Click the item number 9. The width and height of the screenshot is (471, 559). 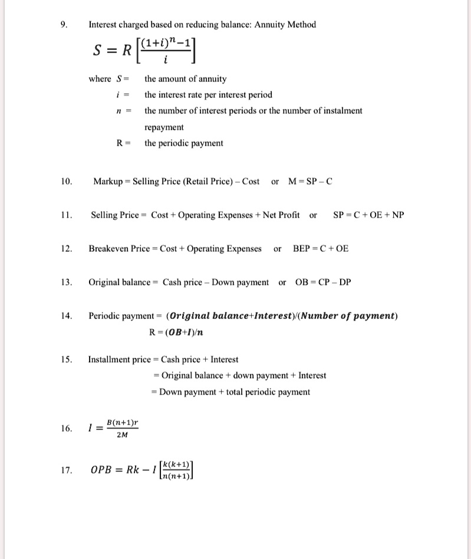coord(64,25)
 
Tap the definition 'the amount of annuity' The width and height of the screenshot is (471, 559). coord(185,79)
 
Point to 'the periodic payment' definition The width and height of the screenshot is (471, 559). coord(184,143)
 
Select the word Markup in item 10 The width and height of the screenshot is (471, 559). coord(107,182)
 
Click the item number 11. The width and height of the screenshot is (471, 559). coord(65,215)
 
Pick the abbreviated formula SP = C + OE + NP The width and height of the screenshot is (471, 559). coord(368,215)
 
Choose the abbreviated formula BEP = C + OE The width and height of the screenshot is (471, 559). coord(321,249)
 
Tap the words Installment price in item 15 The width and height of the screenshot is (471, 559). coord(120,360)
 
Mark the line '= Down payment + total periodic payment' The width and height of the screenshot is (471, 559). coord(231,392)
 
